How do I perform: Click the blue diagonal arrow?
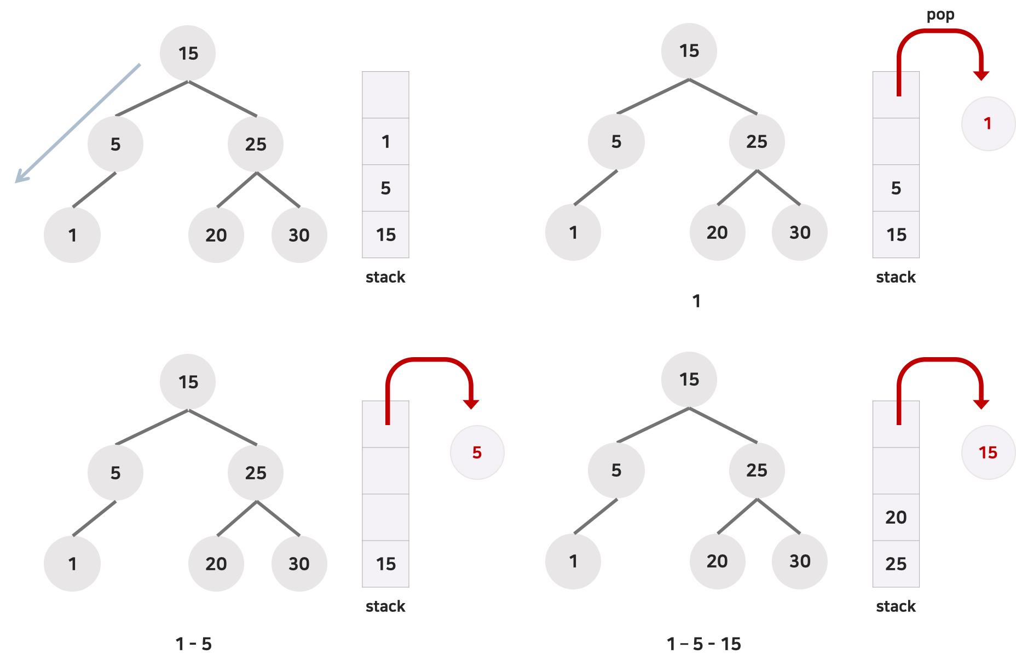[77, 123]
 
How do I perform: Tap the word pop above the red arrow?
[940, 15]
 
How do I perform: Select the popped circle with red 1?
[988, 124]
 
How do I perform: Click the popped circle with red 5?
[477, 452]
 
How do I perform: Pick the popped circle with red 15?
[988, 452]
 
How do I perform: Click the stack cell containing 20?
[896, 517]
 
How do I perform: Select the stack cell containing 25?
[896, 564]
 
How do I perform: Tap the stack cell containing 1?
[385, 142]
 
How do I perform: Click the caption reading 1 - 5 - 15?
[703, 644]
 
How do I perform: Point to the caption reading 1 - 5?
[193, 644]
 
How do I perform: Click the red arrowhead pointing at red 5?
[471, 404]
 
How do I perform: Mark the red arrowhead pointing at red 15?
[981, 404]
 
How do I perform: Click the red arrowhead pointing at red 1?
[981, 76]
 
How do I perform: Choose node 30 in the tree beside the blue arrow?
[299, 235]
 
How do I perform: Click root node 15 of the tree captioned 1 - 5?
[188, 382]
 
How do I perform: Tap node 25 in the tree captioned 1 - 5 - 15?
[757, 470]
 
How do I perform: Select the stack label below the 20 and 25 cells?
[896, 606]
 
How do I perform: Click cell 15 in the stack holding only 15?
[385, 564]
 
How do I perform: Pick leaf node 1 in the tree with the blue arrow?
[72, 235]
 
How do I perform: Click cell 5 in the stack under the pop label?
[896, 188]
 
